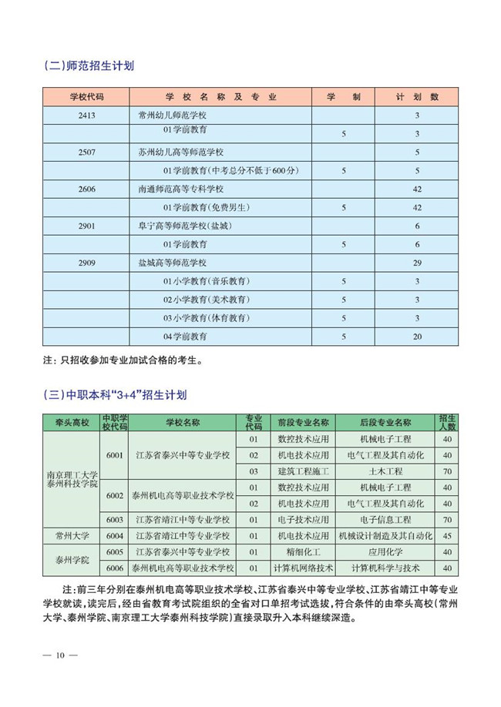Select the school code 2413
pyautogui.click(x=86, y=116)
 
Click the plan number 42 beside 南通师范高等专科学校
pyautogui.click(x=416, y=189)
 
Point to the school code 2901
pyautogui.click(x=86, y=226)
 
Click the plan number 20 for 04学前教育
pyautogui.click(x=416, y=337)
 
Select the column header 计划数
pyautogui.click(x=416, y=97)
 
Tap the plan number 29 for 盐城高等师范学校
pyautogui.click(x=416, y=263)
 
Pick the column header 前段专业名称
pyautogui.click(x=304, y=422)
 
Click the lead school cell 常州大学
pyautogui.click(x=72, y=535)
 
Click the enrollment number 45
pyautogui.click(x=448, y=535)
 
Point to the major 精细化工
pyautogui.click(x=304, y=551)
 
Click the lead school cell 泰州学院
pyautogui.click(x=72, y=560)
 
